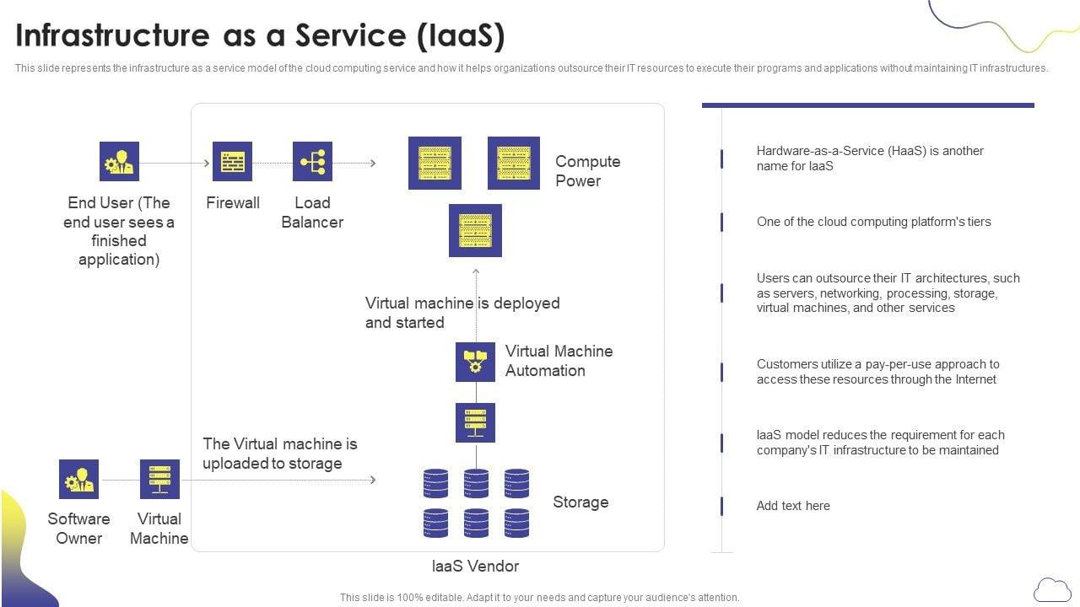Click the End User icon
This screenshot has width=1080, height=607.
click(x=119, y=161)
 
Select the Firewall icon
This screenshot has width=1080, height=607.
click(x=232, y=161)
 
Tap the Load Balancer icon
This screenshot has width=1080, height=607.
click(x=312, y=161)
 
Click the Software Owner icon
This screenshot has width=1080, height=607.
click(x=78, y=479)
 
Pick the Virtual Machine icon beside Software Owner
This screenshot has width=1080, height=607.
click(x=159, y=479)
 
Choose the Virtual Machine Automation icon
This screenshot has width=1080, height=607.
click(x=475, y=362)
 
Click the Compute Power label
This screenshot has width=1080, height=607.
click(x=587, y=170)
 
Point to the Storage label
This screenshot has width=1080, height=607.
click(x=580, y=502)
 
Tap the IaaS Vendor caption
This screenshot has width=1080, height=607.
click(x=475, y=567)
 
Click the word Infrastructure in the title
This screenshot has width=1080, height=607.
click(x=112, y=35)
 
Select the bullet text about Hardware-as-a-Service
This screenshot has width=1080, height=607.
click(x=869, y=158)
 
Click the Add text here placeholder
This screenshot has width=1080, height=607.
click(x=793, y=506)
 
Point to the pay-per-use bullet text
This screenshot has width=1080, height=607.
click(x=877, y=372)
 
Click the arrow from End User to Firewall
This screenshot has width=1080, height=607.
click(x=175, y=163)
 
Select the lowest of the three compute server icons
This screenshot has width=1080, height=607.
click(x=475, y=230)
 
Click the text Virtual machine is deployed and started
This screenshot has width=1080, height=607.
click(x=462, y=313)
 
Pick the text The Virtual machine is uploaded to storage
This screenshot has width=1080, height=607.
click(x=279, y=454)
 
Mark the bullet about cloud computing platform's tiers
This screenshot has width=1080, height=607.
click(x=873, y=222)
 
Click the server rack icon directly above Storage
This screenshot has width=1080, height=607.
click(x=475, y=422)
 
